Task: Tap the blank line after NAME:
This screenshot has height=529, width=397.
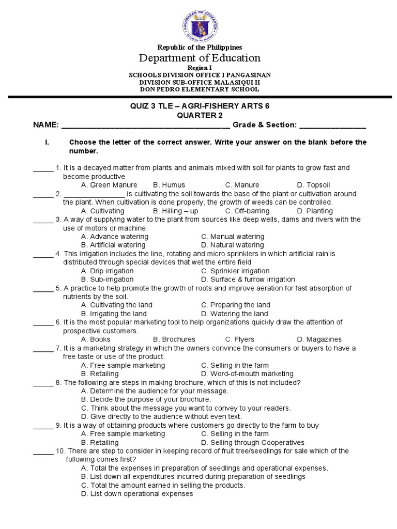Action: pos(146,125)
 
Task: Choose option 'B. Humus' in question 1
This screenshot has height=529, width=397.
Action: pos(169,185)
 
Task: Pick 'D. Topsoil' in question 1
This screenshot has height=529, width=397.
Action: pos(313,185)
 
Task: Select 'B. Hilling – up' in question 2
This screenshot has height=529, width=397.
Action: pos(176,211)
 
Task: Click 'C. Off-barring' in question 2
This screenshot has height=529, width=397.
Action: pos(247,211)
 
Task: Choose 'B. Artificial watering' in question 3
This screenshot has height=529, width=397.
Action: pos(114,245)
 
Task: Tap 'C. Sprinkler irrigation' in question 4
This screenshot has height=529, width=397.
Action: pos(235,271)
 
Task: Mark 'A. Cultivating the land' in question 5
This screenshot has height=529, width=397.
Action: pos(116,305)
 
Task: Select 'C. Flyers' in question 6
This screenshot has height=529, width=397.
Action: pos(239,339)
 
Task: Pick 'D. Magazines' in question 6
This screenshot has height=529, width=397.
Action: pos(319,339)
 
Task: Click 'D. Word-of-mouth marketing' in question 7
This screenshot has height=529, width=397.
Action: pos(247,374)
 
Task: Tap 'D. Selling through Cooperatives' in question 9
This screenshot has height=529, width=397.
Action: pos(253,442)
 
